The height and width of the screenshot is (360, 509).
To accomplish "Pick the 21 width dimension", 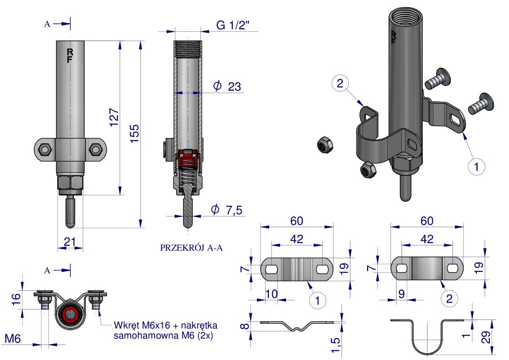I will (x=70, y=241).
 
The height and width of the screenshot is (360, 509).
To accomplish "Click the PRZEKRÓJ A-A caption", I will (x=191, y=248).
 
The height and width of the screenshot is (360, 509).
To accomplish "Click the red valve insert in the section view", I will (x=188, y=158).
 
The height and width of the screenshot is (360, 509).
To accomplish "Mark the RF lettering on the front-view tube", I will (x=70, y=56).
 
